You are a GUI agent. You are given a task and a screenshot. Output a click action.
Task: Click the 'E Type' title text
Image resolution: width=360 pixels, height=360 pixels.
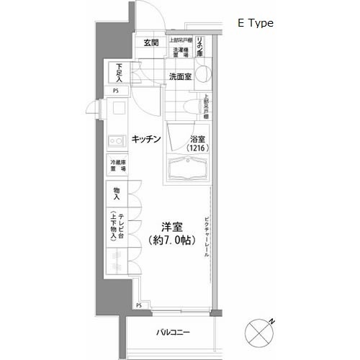pos(255,23)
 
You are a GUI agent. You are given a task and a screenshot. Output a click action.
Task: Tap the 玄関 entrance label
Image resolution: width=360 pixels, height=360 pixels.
pos(150,43)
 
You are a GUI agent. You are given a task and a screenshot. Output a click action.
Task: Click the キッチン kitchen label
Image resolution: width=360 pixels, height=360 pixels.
pos(145,138)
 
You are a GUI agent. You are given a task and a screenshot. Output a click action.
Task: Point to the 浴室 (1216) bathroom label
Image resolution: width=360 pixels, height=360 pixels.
pos(196,143)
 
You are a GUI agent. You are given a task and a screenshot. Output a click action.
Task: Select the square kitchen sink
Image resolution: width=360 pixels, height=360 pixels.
pos(117,112)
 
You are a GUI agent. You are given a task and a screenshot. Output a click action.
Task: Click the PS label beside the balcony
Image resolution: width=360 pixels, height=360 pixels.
pos(138,305)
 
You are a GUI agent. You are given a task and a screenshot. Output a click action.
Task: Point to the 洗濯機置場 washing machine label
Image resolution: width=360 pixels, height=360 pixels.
pos(179,51)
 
